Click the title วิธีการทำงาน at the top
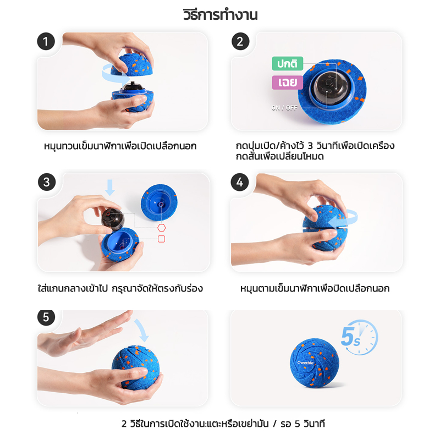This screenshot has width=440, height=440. (221, 15)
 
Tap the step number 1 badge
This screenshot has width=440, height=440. (46, 42)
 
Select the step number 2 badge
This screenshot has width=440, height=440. (240, 42)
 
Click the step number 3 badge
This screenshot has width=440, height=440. (47, 182)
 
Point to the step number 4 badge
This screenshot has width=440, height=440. (240, 182)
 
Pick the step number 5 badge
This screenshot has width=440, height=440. (46, 317)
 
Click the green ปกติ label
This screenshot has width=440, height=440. (287, 64)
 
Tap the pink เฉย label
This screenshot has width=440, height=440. (287, 82)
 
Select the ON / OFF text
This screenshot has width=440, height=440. (284, 108)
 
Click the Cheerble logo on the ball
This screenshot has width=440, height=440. (305, 362)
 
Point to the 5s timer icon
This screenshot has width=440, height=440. (360, 337)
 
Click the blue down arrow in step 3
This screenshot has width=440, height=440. (109, 188)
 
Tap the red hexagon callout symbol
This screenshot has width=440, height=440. (161, 228)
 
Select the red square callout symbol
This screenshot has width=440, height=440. (161, 239)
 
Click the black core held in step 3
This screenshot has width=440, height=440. (113, 219)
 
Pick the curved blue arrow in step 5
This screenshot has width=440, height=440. (142, 330)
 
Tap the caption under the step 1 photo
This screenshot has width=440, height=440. (120, 146)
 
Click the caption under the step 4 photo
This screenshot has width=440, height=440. (315, 288)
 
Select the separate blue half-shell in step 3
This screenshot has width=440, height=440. (159, 202)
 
